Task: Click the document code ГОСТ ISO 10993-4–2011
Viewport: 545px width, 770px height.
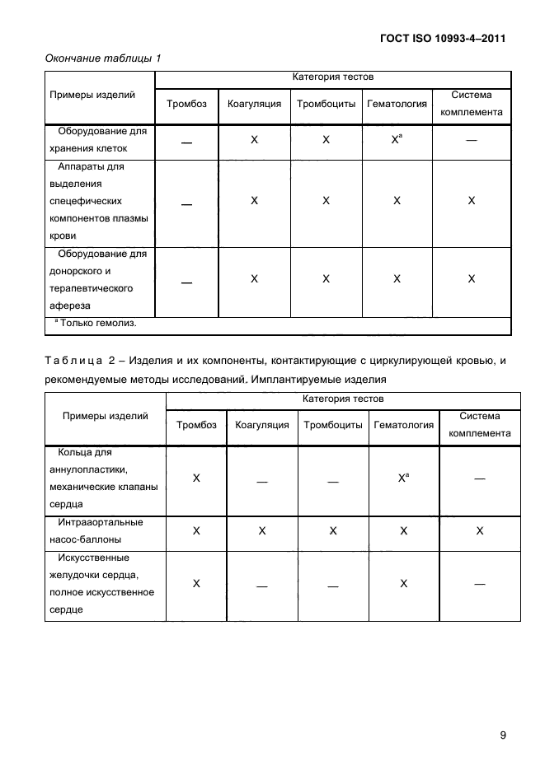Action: [x=443, y=38]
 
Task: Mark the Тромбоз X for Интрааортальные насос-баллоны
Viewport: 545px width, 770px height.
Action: [x=196, y=531]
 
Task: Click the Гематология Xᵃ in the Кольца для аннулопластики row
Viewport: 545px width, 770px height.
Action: [x=403, y=478]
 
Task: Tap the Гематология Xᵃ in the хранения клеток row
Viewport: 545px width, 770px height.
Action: [x=397, y=141]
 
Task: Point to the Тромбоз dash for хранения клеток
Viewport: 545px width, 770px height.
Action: [x=187, y=142]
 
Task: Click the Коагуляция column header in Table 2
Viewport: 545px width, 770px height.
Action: [x=261, y=425]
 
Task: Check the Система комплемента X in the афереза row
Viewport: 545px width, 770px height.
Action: [x=472, y=279]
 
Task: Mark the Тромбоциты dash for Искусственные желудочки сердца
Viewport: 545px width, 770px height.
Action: [x=333, y=585]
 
